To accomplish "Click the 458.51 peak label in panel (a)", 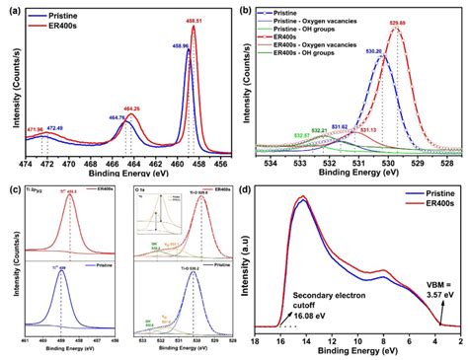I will [x=200, y=20].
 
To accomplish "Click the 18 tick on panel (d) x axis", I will [x=255, y=341].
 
